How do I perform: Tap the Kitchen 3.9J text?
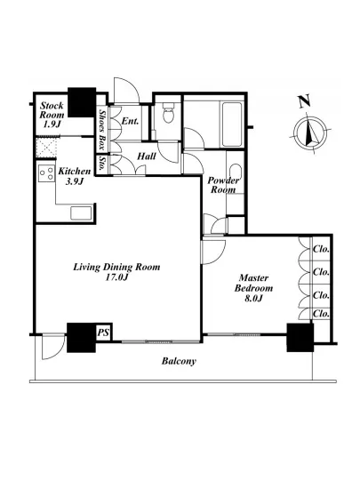point(75,176)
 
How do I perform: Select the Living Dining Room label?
point(116,272)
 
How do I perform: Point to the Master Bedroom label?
point(253,288)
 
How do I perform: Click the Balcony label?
point(179,361)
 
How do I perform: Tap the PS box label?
point(103,333)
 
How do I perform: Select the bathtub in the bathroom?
point(231,124)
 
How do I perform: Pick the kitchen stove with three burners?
point(46,173)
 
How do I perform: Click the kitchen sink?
point(81,213)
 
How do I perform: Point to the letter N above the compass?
point(304,101)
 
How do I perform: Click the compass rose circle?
point(311,132)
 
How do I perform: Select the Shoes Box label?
point(101,130)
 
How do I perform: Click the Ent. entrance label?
point(130,121)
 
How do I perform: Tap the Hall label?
point(147,156)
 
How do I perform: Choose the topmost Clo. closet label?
point(322,249)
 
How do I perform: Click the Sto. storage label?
point(101,163)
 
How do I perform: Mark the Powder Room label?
point(223,185)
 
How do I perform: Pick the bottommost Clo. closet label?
point(322,314)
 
